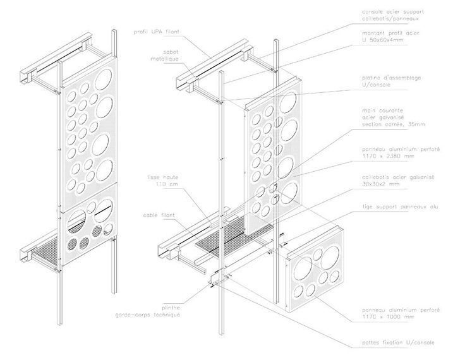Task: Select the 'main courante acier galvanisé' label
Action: [x=387, y=117]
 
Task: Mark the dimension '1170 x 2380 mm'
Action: [x=388, y=155]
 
